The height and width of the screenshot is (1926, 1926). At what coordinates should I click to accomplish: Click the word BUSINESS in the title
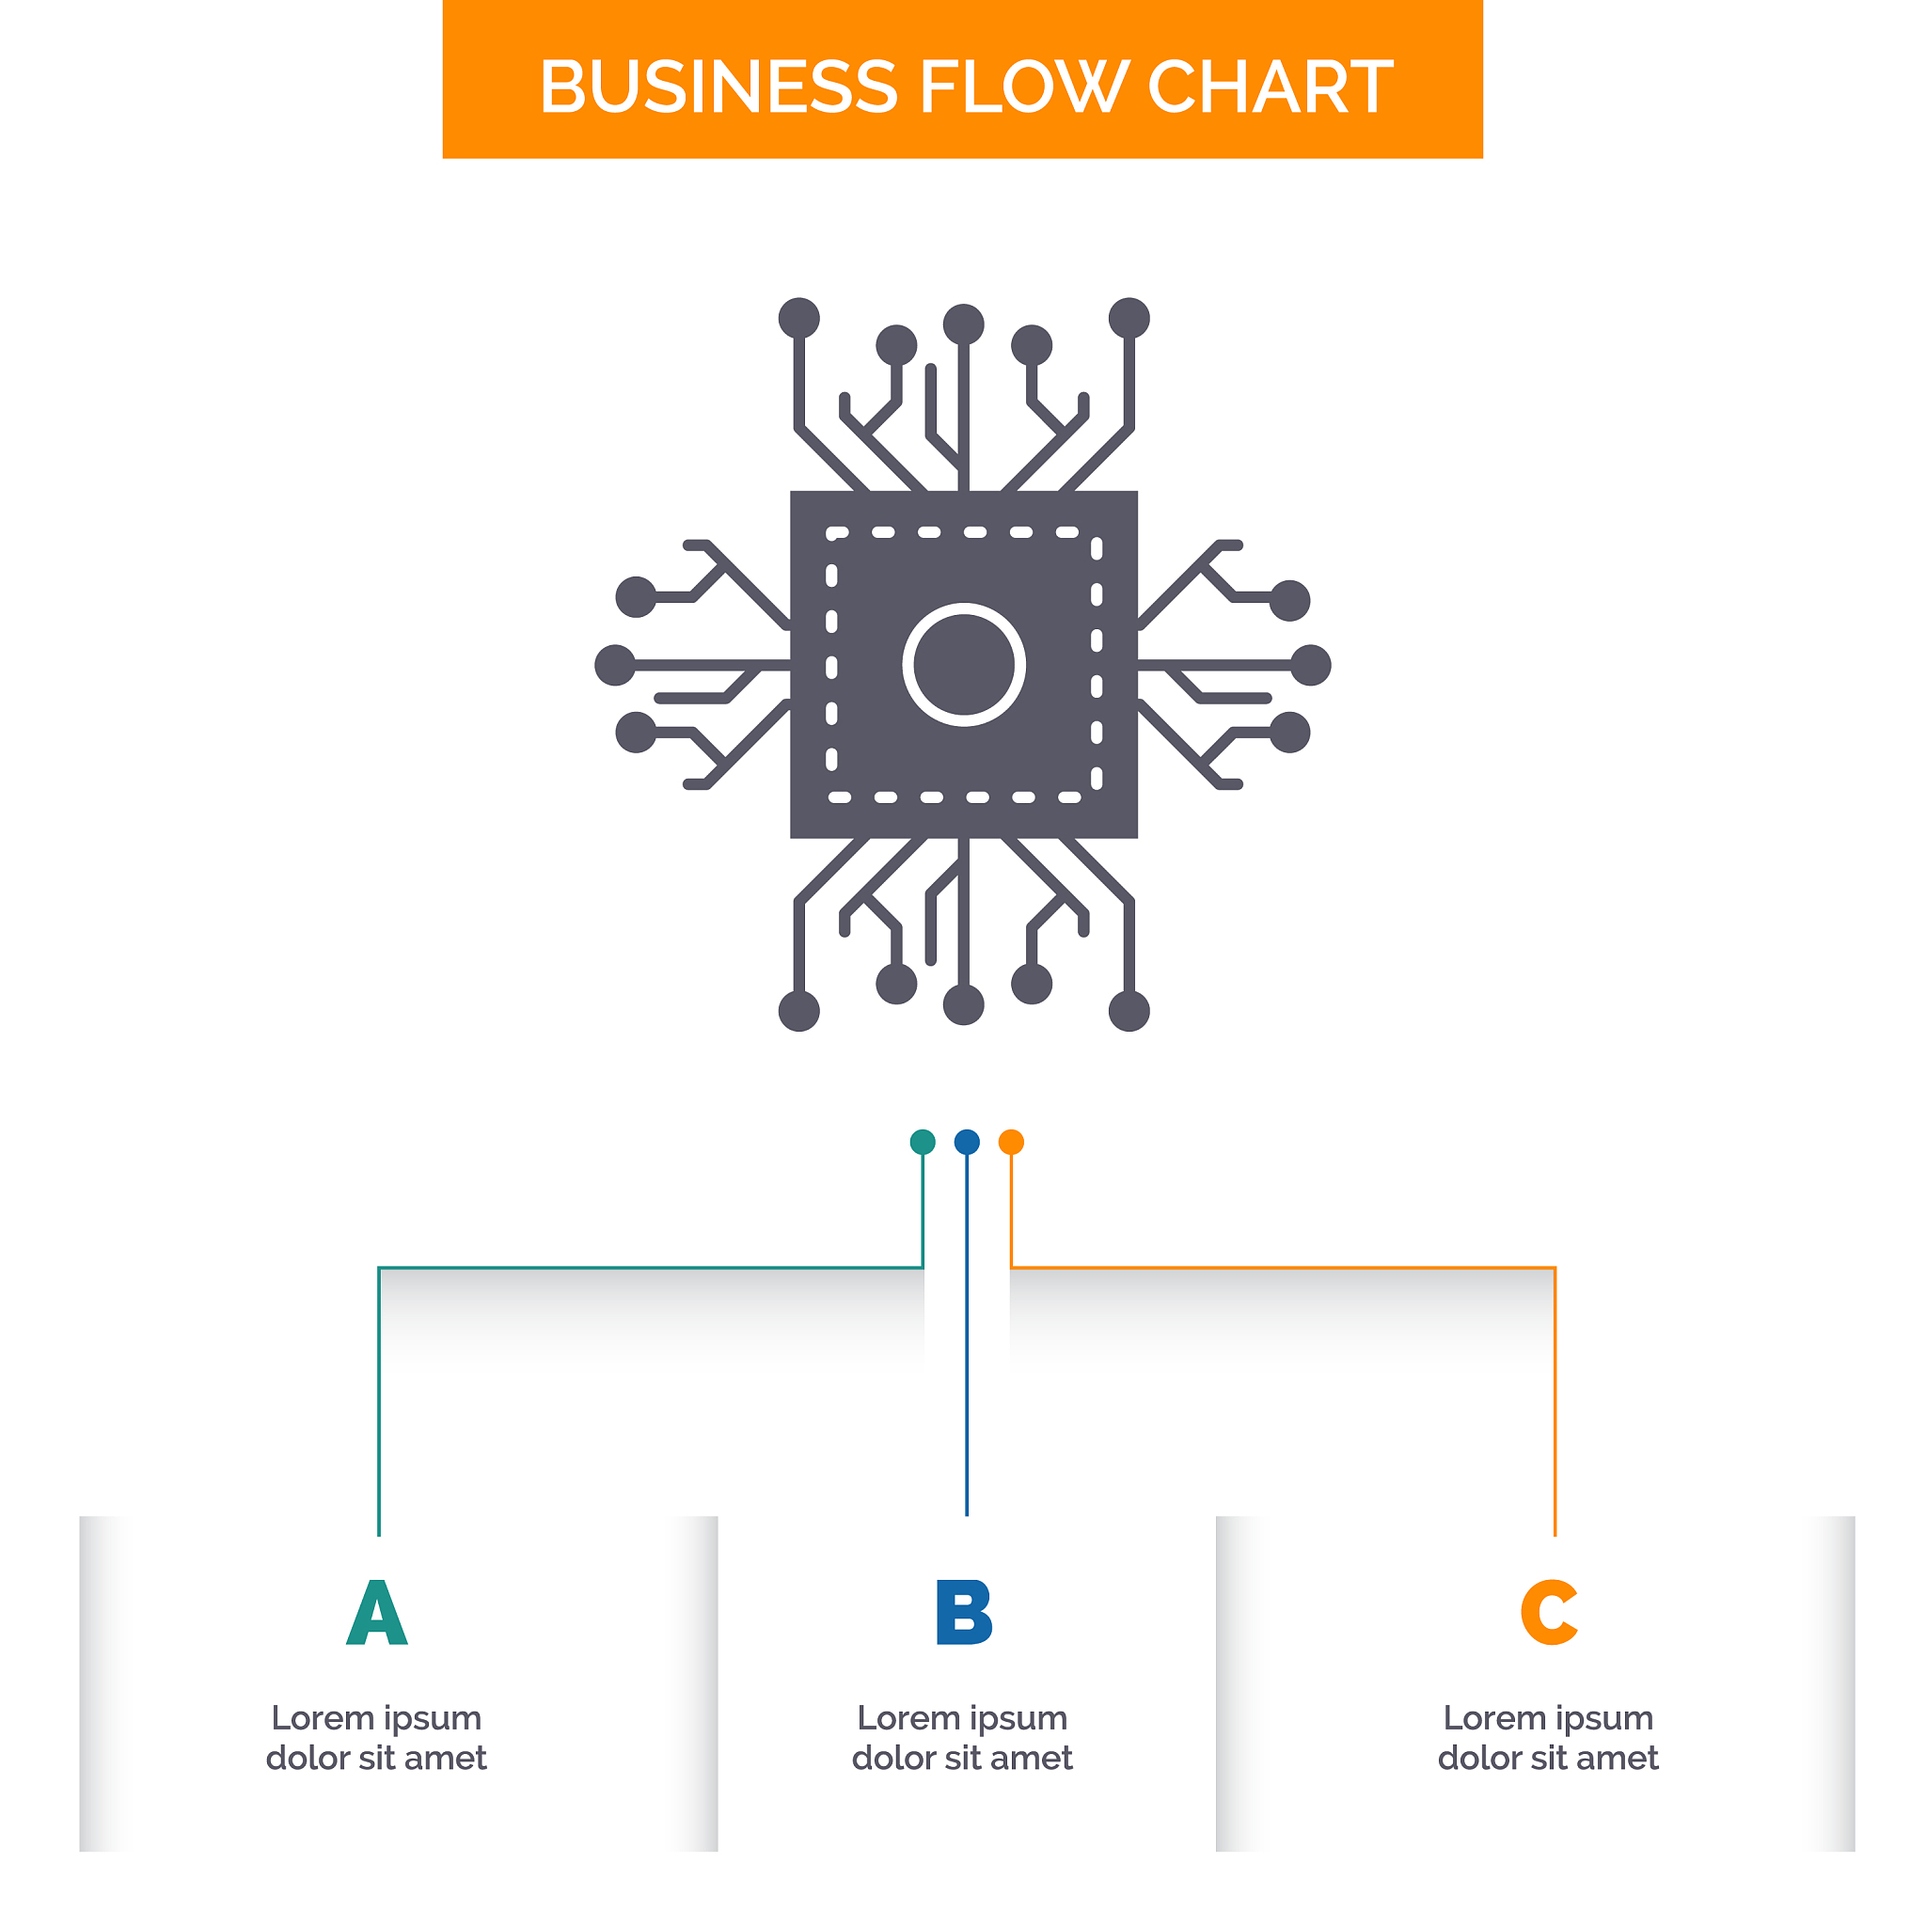(x=718, y=87)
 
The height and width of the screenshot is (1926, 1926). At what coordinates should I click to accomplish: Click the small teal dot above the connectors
(x=924, y=1143)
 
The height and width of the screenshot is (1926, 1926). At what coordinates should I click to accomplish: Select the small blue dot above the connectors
(x=967, y=1143)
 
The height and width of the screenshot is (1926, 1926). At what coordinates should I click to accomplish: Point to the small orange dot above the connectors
(x=1011, y=1143)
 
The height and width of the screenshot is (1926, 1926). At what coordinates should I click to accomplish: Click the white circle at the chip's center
(x=964, y=665)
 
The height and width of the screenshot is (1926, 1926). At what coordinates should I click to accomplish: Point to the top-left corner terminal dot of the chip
(x=799, y=318)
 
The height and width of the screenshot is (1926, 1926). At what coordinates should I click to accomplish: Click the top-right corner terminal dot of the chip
(x=1129, y=318)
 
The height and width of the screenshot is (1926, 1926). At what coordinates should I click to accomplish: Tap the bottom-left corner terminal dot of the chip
(x=799, y=1011)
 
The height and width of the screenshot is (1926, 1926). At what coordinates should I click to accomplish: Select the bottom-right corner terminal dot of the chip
(x=1129, y=1011)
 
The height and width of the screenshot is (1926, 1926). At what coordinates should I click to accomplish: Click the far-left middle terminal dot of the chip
(x=615, y=665)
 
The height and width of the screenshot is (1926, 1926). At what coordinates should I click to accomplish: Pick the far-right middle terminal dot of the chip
(x=1311, y=665)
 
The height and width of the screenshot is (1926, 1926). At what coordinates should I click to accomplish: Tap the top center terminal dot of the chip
(x=964, y=324)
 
